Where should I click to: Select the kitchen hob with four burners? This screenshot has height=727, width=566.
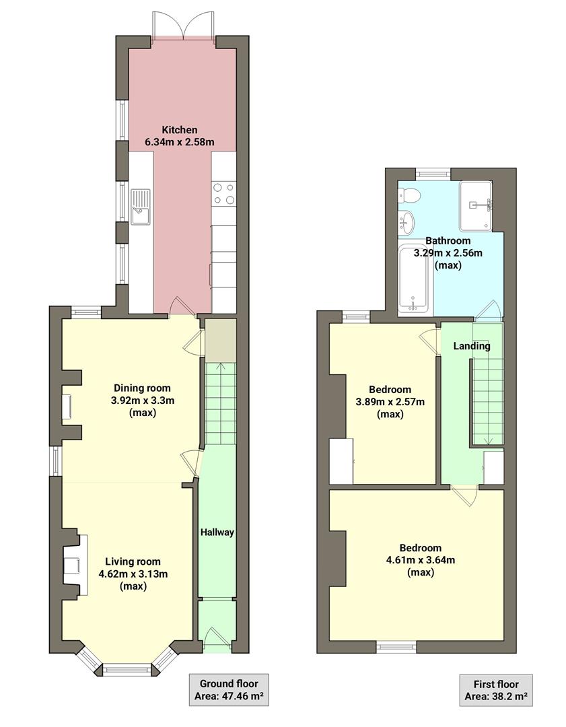(224, 193)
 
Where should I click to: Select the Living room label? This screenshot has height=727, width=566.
(133, 561)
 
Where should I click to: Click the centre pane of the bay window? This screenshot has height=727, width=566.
(127, 669)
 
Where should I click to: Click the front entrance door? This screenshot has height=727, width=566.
(217, 639)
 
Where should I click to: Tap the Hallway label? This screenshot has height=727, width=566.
(217, 532)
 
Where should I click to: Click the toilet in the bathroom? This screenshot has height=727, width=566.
(409, 196)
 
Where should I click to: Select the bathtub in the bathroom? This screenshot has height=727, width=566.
(414, 279)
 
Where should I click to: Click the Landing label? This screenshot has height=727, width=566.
(471, 346)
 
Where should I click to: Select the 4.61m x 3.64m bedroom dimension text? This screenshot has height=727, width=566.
(420, 560)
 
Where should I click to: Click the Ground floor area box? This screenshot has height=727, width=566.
(229, 690)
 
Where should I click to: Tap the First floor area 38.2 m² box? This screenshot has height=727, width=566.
(496, 690)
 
